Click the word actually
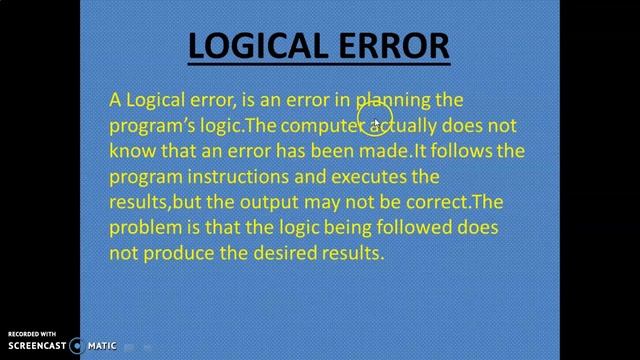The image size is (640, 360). pyautogui.click(x=402, y=126)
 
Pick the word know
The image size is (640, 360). pyautogui.click(x=130, y=152)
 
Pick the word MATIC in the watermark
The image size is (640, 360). pyautogui.click(x=102, y=346)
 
